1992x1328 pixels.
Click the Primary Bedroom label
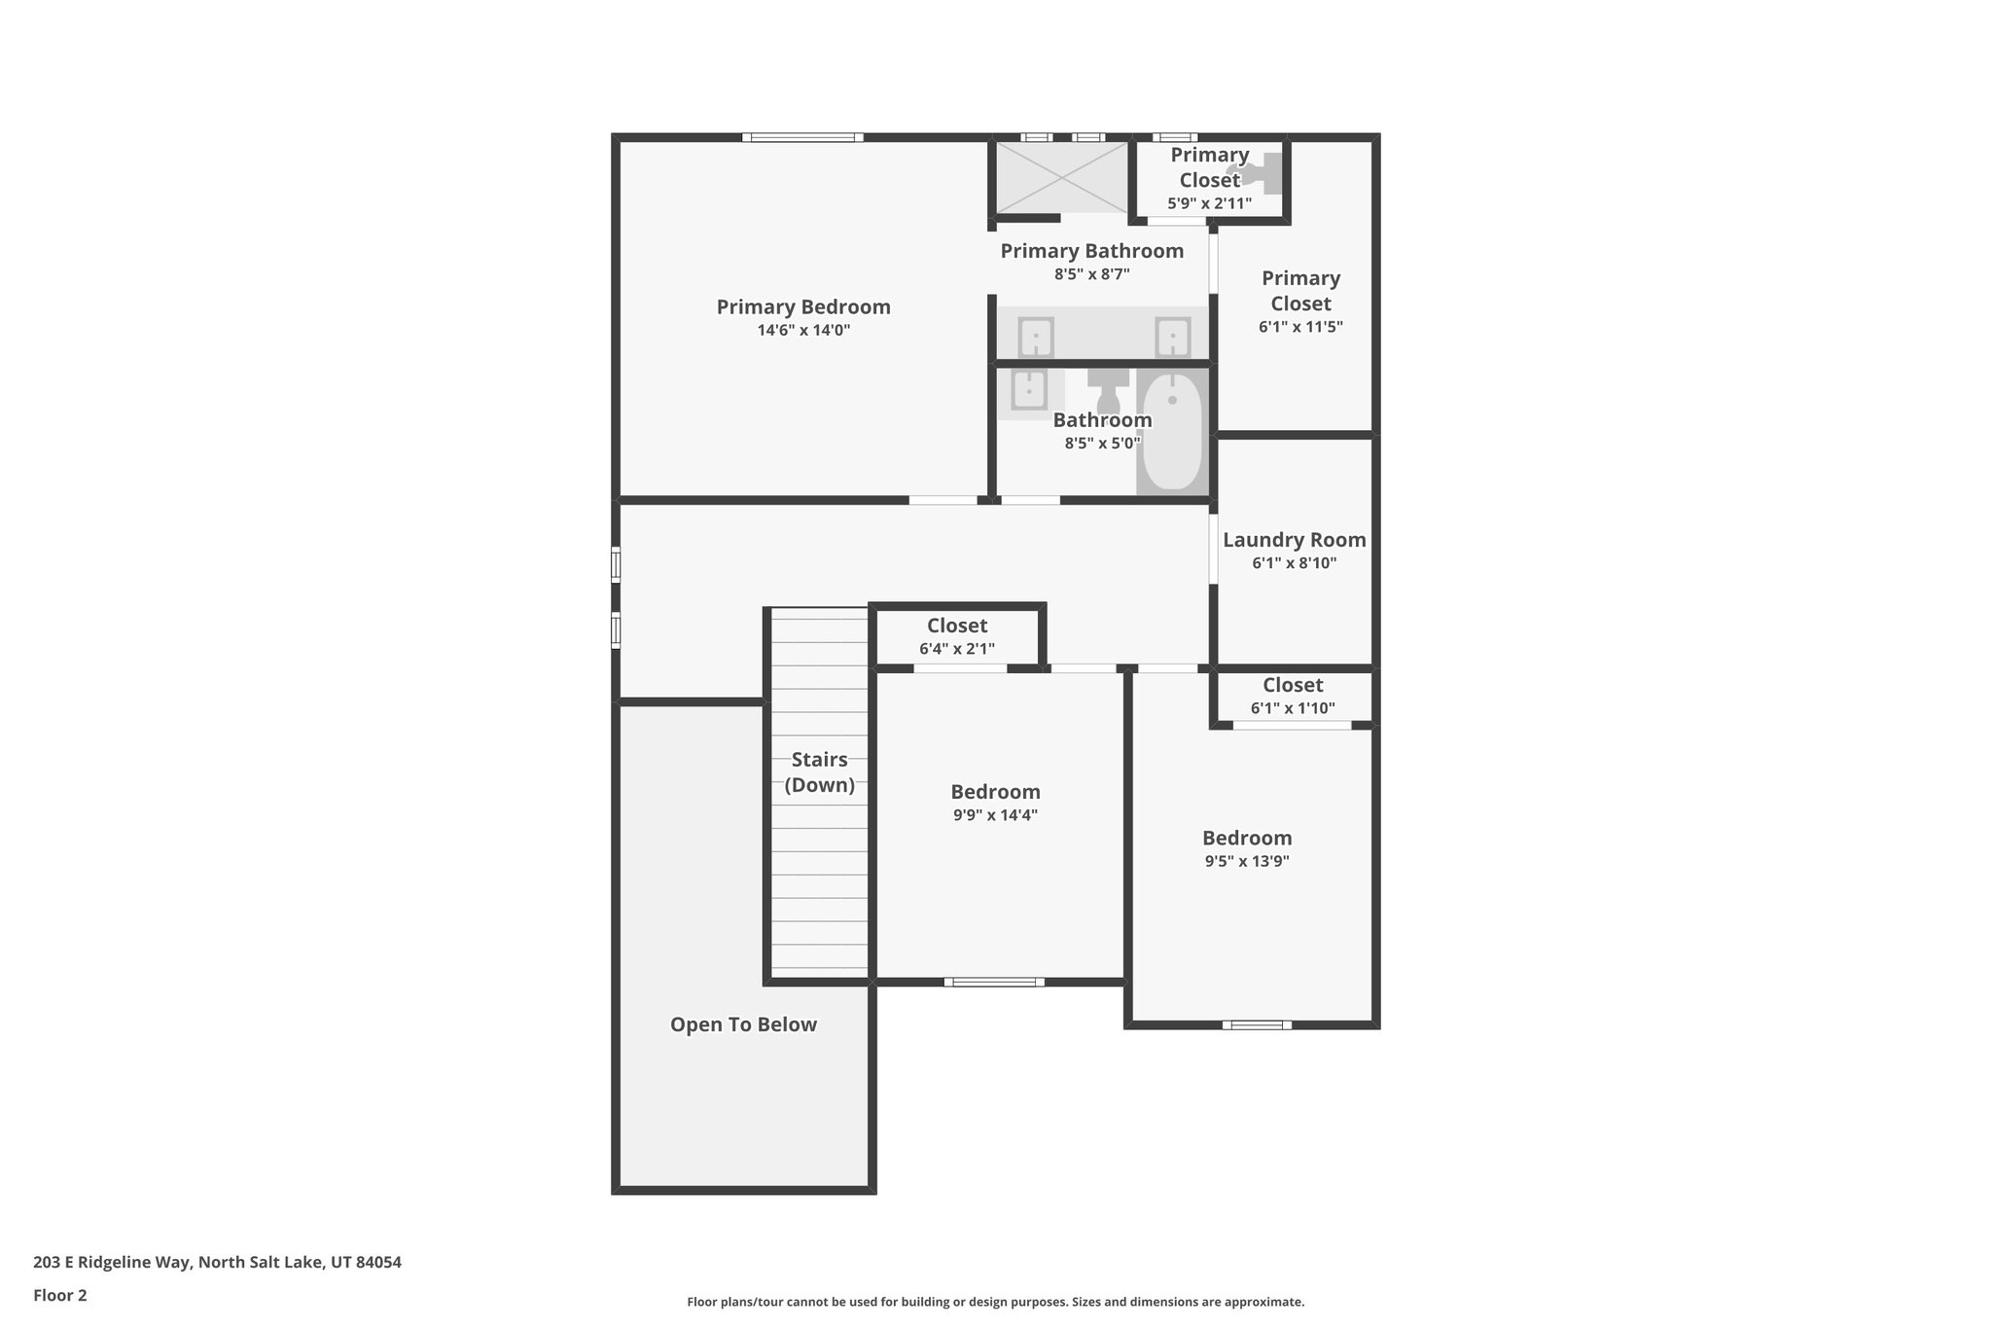pos(803,307)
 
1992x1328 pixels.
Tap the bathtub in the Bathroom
pos(1172,431)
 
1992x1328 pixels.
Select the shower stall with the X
pos(1061,177)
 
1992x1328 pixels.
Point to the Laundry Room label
pos(1294,540)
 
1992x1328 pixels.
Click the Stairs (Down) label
pos(819,772)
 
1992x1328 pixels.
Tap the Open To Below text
pos(743,1024)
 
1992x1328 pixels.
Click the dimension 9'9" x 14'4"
pos(995,815)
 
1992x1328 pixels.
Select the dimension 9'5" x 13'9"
pos(1247,861)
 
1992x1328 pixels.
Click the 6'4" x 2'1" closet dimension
pos(957,649)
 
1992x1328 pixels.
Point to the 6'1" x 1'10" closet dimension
pos(1293,708)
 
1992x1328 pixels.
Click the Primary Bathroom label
pos(1092,251)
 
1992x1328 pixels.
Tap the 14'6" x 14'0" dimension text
pos(803,331)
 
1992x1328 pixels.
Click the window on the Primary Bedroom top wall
pos(802,137)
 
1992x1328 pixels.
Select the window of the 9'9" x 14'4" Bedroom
pos(994,982)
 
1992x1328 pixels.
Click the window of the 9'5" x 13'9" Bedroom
pos(1257,1024)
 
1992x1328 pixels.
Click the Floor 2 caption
pos(60,1296)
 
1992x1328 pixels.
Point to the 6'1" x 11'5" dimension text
pos(1300,327)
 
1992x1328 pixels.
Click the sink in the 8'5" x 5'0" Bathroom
pos(1028,391)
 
